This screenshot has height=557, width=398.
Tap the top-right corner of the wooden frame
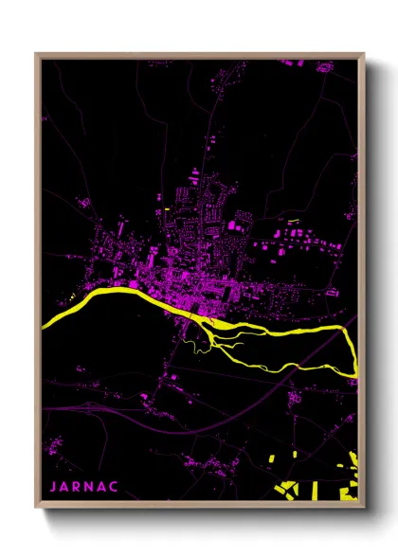(x=365, y=54)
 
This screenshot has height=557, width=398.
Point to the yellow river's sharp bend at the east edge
(x=354, y=369)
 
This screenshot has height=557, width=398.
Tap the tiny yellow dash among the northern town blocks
(x=166, y=208)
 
